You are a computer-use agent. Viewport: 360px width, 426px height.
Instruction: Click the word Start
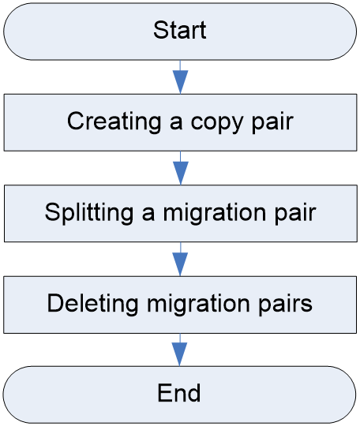pyautogui.click(x=180, y=30)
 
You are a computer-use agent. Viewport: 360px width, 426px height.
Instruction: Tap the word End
pyautogui.click(x=179, y=393)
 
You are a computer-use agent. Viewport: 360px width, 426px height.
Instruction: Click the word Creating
pyautogui.click(x=114, y=122)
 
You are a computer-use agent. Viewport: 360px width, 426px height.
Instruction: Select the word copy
pyautogui.click(x=216, y=124)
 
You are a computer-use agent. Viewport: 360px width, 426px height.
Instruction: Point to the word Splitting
pyautogui.click(x=89, y=213)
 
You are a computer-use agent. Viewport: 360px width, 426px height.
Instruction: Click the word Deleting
pyautogui.click(x=92, y=304)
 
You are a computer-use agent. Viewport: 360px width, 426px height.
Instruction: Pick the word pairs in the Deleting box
pyautogui.click(x=285, y=305)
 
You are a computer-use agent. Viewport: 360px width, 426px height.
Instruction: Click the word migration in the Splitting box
pyautogui.click(x=214, y=214)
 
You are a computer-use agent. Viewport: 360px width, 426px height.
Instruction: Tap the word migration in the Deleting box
pyautogui.click(x=198, y=305)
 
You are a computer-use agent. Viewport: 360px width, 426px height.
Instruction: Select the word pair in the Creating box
pyautogui.click(x=272, y=123)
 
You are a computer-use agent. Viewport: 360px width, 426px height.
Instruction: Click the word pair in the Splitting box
pyautogui.click(x=295, y=215)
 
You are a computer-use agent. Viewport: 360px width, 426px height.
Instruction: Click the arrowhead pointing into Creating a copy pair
pyautogui.click(x=180, y=82)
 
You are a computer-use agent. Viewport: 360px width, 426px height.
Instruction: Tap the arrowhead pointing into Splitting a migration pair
pyautogui.click(x=181, y=173)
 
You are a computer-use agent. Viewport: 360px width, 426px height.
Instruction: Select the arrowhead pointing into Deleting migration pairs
pyautogui.click(x=180, y=264)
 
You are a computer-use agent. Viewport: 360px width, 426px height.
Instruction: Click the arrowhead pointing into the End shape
pyautogui.click(x=179, y=354)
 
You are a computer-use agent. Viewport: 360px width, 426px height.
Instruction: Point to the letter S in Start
pyautogui.click(x=160, y=30)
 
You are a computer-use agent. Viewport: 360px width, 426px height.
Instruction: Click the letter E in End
pyautogui.click(x=164, y=393)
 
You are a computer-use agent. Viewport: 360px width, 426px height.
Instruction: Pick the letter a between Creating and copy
pyautogui.click(x=176, y=123)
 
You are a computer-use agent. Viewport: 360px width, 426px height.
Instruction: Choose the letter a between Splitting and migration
pyautogui.click(x=148, y=214)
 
